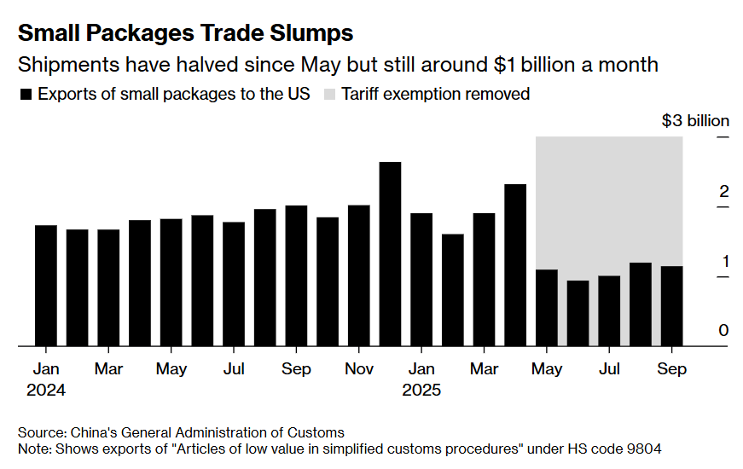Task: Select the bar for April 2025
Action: coord(515,265)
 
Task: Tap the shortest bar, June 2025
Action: coord(578,313)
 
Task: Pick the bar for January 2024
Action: coord(45,286)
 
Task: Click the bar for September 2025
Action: coord(671,306)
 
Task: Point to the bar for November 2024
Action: coord(358,275)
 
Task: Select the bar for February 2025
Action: coord(452,290)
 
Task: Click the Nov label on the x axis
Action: coord(359,369)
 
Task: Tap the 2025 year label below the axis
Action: coord(421,390)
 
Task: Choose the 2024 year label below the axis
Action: coord(45,390)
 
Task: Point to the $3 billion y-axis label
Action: coord(694,121)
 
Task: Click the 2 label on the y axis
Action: coord(723,191)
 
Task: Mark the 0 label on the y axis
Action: coord(723,331)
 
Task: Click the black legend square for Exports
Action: coord(26,95)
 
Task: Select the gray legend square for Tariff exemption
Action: coord(328,95)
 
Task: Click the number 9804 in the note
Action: coord(643,449)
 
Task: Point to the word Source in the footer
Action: coord(39,432)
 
